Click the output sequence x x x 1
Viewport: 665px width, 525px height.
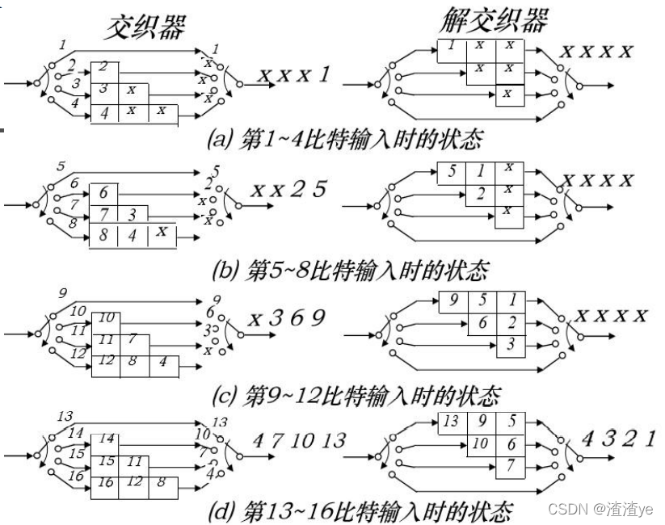294,77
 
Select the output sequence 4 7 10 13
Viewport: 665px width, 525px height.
299,440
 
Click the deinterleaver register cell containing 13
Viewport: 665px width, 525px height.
451,421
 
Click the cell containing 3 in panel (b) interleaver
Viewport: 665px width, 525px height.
133,214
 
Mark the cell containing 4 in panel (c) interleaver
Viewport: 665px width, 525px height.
162,360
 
